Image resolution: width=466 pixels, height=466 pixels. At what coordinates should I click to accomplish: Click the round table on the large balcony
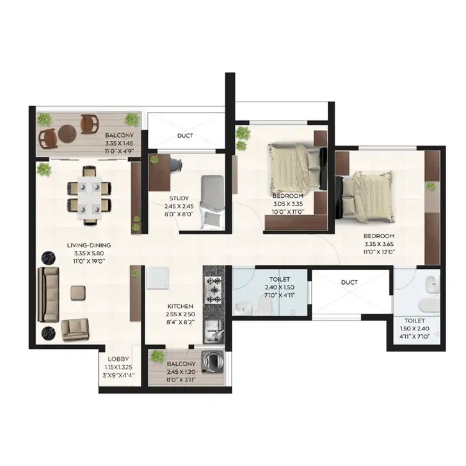pos(67,134)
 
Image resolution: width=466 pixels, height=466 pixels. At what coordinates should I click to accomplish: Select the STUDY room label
pos(179,198)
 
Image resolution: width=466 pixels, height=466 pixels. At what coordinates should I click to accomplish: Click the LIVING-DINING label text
pos(89,246)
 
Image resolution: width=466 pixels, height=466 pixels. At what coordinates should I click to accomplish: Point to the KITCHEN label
pos(180,306)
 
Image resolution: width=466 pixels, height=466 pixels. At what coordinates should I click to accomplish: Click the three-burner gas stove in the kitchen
pos(214,290)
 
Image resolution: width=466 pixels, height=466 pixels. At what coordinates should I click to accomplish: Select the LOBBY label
pos(118,359)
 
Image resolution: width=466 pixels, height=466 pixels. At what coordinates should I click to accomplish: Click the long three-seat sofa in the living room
pos(48,294)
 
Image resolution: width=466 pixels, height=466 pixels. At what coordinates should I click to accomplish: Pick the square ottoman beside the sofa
pos(78,293)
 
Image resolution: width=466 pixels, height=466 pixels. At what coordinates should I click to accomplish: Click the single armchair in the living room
pos(75,330)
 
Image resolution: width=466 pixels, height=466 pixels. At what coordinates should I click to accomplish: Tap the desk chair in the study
pos(176,165)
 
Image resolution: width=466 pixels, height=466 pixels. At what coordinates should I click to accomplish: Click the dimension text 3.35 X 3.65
pos(379,244)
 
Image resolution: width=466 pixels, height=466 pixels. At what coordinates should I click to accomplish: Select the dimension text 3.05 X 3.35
pos(287,204)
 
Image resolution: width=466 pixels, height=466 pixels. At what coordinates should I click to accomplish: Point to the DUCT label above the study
pos(185,136)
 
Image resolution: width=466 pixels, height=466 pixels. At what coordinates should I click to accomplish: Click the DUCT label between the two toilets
pos(349,282)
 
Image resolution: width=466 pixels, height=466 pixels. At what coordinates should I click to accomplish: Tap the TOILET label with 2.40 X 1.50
pos(280,279)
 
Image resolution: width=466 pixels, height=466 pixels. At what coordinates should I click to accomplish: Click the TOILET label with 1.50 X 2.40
pos(415,321)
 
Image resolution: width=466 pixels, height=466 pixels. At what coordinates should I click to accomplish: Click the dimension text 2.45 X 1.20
pos(181,372)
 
